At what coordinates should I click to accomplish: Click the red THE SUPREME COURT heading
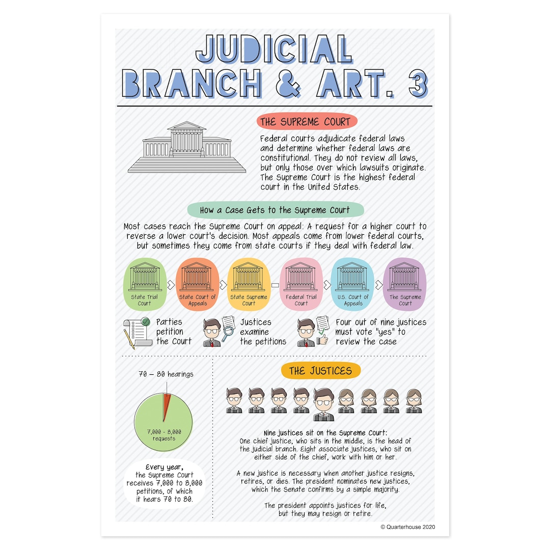pyautogui.click(x=306, y=122)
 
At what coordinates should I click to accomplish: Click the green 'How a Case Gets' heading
pyautogui.click(x=275, y=210)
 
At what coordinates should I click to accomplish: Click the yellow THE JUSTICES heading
pyautogui.click(x=320, y=371)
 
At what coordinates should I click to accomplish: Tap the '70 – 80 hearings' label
pyautogui.click(x=166, y=374)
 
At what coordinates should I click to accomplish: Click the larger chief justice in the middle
pyautogui.click(x=323, y=404)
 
